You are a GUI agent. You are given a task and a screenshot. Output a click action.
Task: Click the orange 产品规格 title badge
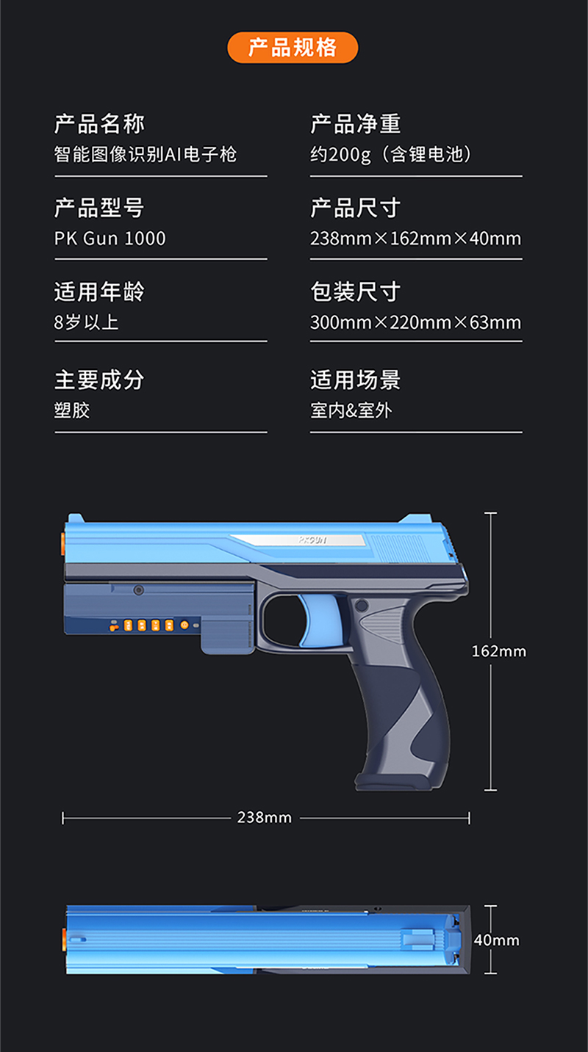[x=293, y=48]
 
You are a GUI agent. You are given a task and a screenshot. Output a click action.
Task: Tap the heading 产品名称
[x=99, y=124]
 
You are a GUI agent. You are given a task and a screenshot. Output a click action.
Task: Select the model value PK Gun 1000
[x=110, y=238]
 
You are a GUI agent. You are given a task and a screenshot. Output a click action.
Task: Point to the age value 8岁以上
[x=86, y=322]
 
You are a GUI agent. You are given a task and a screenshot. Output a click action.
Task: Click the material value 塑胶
[x=72, y=410]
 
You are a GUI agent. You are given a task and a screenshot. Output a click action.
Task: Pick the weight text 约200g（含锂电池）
[x=391, y=154]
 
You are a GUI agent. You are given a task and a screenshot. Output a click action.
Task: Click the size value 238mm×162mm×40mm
[x=415, y=238]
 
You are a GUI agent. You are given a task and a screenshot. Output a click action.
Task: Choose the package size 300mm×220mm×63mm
[x=415, y=322]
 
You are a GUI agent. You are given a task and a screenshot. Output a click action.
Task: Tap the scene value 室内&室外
[x=351, y=410]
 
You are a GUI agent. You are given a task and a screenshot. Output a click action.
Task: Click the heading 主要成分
[x=99, y=380]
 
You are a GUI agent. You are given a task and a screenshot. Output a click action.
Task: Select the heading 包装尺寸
[x=355, y=291]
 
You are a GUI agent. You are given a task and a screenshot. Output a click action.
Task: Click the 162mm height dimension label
[x=498, y=651]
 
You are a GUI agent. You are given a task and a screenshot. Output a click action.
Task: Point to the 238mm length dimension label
[x=264, y=817]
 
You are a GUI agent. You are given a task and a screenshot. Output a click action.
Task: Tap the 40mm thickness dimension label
[x=496, y=940]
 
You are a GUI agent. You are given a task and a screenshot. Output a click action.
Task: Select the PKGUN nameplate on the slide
[x=312, y=540]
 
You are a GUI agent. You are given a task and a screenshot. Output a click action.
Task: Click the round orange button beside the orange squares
[x=184, y=625]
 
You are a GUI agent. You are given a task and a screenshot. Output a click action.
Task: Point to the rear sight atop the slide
[x=415, y=518]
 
